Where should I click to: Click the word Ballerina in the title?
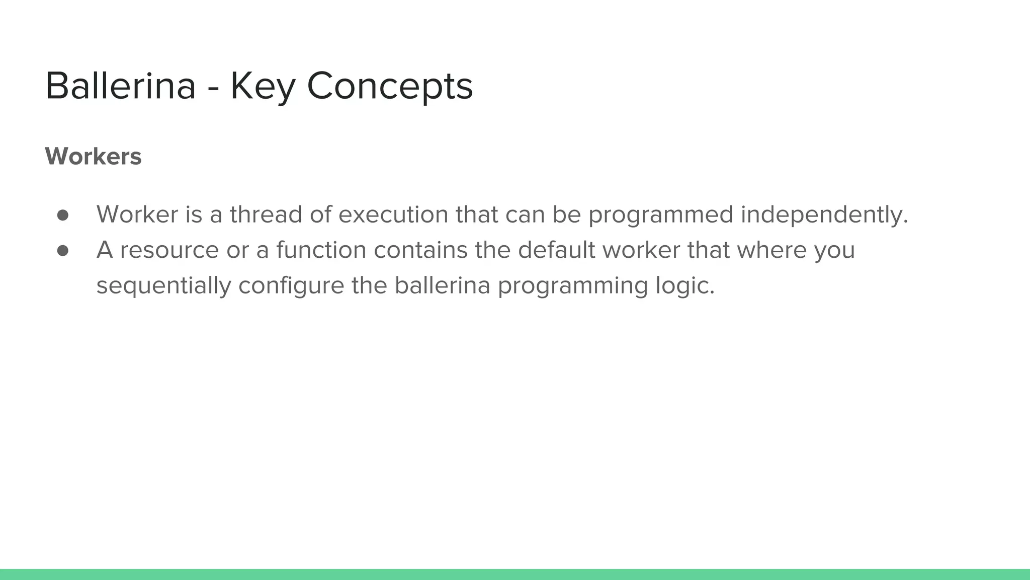120,86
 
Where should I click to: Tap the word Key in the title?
262,86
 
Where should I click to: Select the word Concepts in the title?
390,86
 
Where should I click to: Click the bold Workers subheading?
93,156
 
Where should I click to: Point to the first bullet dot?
63,215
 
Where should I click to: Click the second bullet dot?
63,251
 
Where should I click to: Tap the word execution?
393,214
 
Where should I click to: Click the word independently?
824,214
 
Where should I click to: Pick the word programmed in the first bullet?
661,214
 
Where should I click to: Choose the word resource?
169,250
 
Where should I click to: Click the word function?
321,250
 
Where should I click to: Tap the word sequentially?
163,286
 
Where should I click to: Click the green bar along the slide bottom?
515,574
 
